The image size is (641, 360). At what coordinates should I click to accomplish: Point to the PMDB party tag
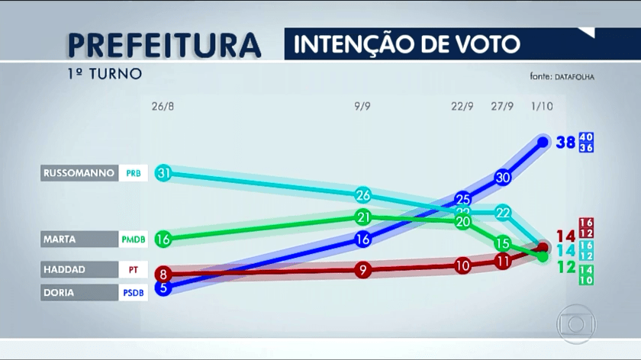133,239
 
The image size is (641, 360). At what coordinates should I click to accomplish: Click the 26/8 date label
163,106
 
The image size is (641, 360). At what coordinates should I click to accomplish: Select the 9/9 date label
363,106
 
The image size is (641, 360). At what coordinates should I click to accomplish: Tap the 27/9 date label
502,106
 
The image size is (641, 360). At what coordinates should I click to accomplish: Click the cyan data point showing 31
163,173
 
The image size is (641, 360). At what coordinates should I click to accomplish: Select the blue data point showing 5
163,288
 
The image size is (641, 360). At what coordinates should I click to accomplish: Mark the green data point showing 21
363,217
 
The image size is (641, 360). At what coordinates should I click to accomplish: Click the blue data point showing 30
502,177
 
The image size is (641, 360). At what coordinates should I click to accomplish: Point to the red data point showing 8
163,274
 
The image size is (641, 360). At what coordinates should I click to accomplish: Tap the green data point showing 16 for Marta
163,239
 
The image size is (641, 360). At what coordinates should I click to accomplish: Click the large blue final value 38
565,142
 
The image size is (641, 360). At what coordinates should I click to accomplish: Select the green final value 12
565,267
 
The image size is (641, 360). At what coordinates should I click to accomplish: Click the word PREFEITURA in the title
163,45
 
